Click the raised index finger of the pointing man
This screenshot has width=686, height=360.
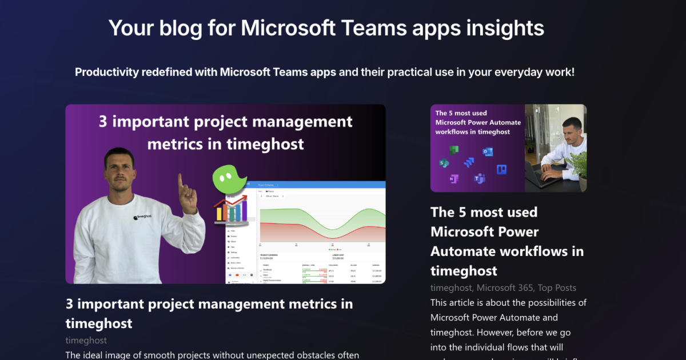click(180, 183)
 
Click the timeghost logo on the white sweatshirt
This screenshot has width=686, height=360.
click(143, 217)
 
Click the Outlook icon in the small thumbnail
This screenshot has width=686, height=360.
click(488, 151)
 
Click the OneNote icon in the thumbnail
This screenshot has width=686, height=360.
click(453, 179)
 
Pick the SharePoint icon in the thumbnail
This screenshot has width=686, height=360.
click(444, 163)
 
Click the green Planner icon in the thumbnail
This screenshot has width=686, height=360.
click(454, 150)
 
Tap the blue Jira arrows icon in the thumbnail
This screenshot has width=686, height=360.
click(469, 162)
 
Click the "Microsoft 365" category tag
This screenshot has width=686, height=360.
click(504, 288)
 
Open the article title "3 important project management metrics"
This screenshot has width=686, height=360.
click(209, 313)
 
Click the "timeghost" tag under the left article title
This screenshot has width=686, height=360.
click(86, 340)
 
